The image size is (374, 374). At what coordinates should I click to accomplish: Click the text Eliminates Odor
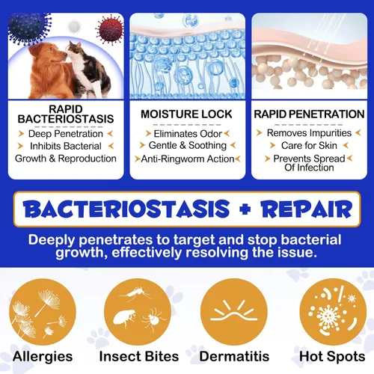(x=186, y=132)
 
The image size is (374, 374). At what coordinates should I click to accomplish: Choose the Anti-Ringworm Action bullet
(x=186, y=159)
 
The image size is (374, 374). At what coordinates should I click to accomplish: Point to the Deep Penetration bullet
(x=66, y=133)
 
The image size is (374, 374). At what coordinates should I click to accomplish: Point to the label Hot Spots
(x=330, y=357)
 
